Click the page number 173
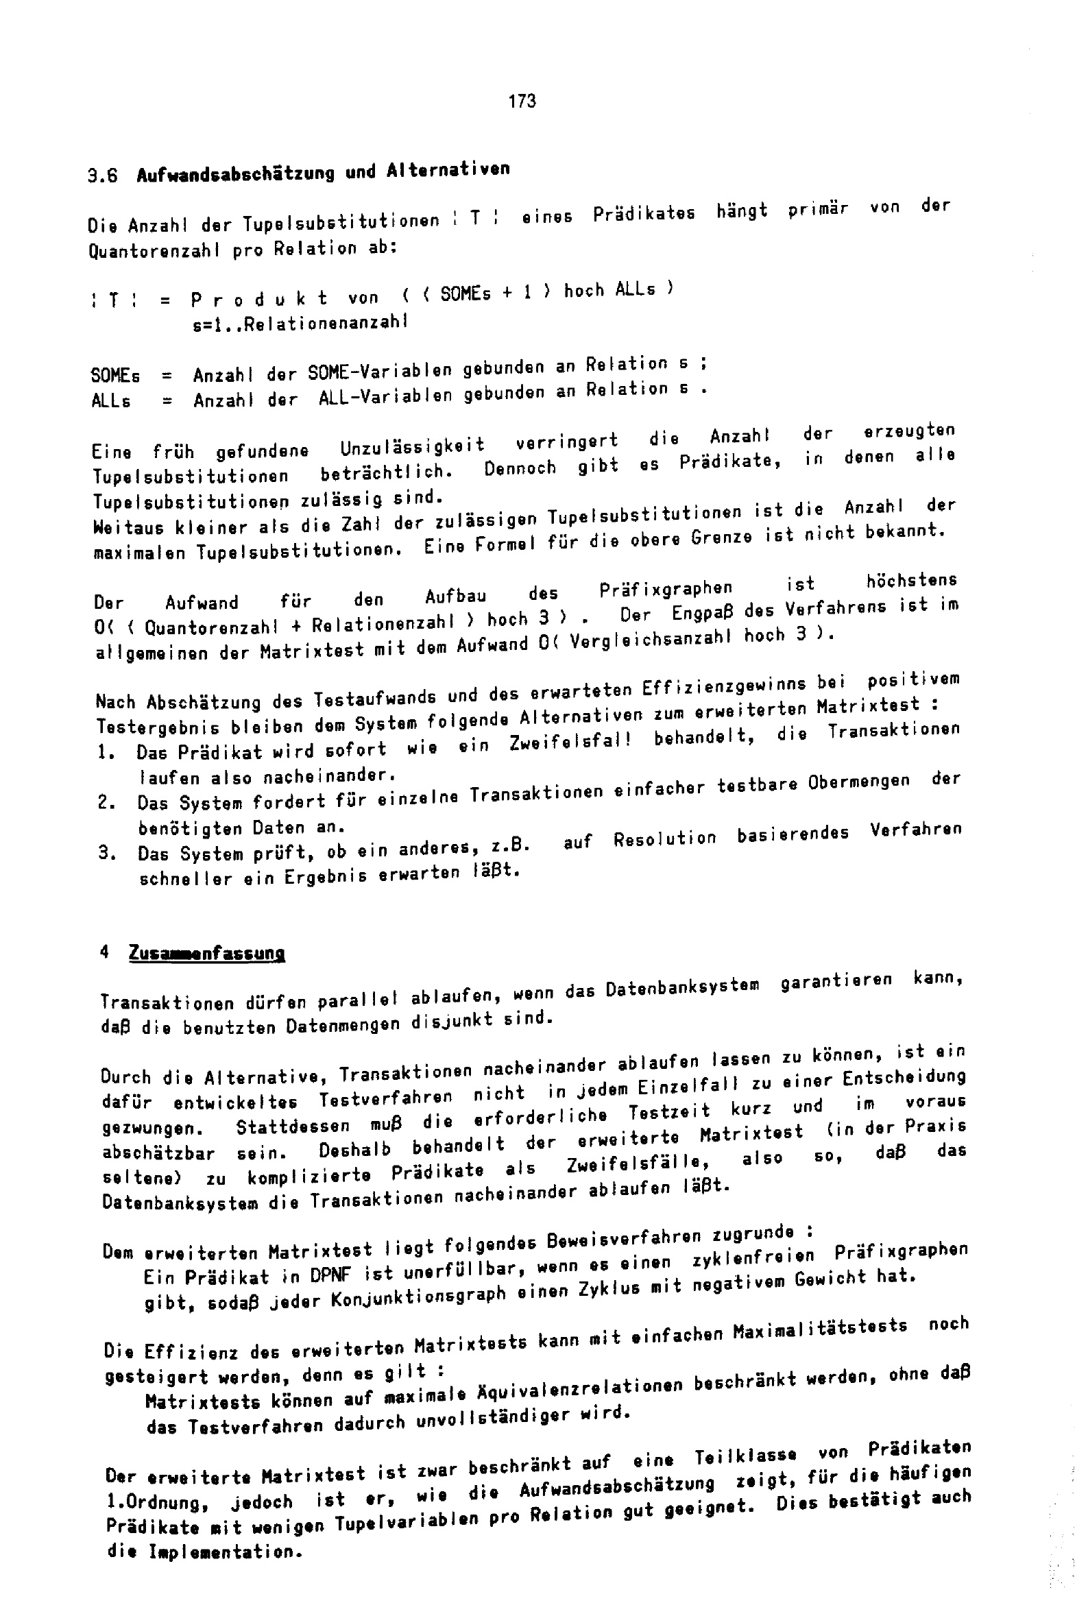(x=522, y=101)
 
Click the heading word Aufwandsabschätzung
(x=235, y=173)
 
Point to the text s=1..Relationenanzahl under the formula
(x=300, y=322)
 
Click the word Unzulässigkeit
(x=413, y=446)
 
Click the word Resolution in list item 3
(x=664, y=838)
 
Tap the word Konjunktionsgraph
(x=419, y=1297)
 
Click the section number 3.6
(x=103, y=176)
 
